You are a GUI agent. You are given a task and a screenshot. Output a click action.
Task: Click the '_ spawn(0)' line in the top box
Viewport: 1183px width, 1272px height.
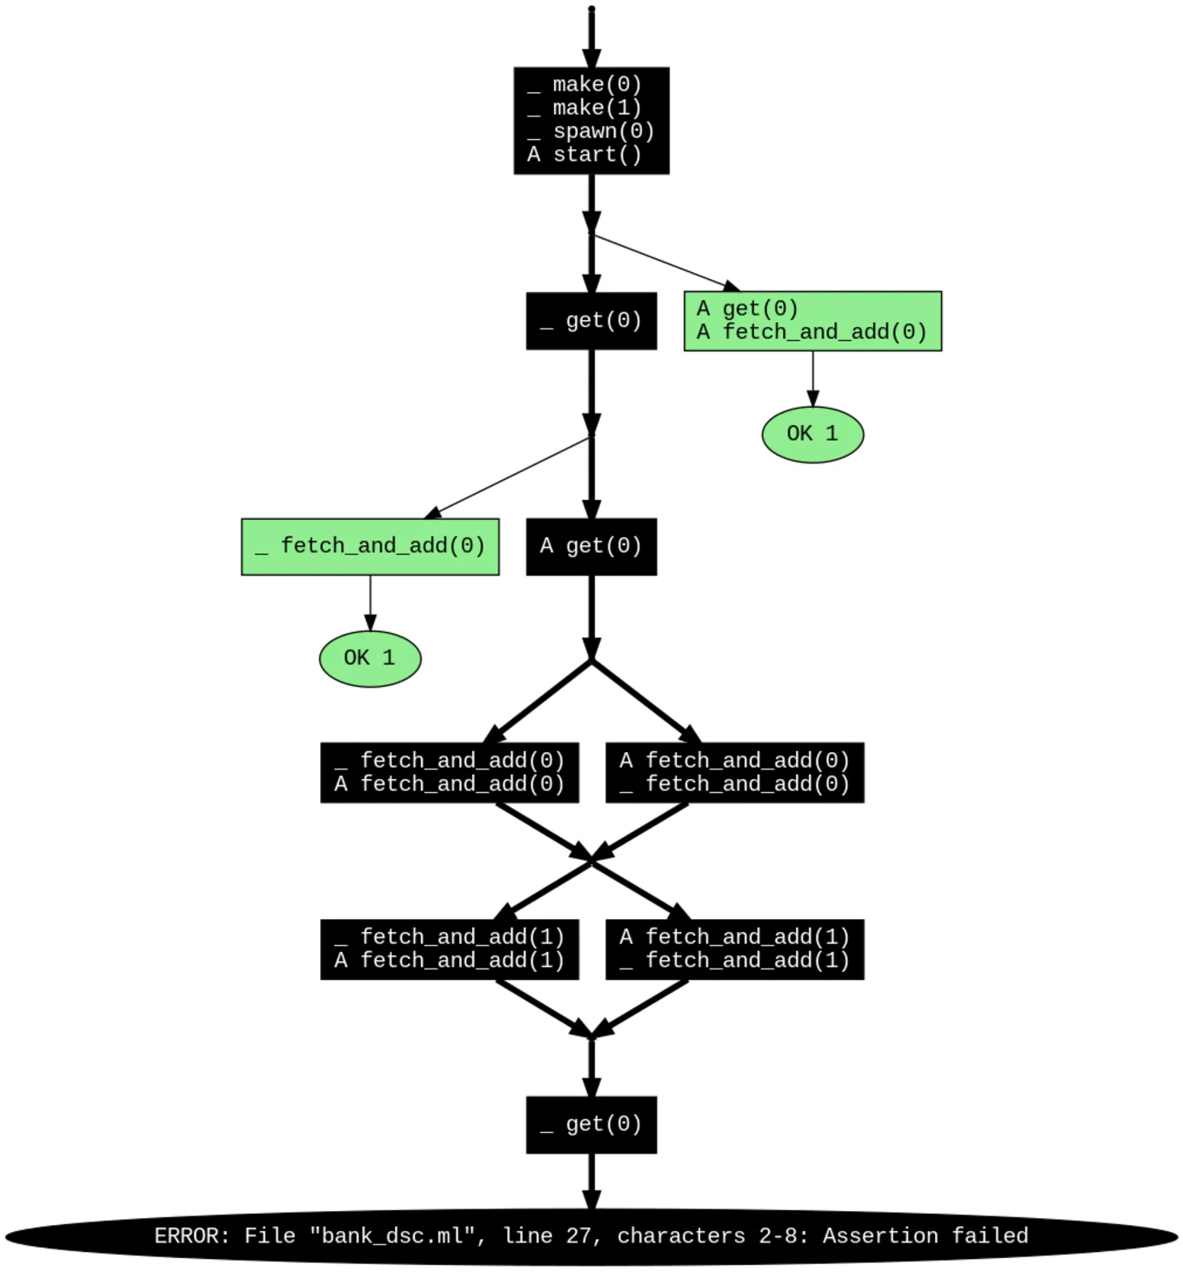591,131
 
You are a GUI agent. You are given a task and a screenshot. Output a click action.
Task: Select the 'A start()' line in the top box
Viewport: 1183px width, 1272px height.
585,155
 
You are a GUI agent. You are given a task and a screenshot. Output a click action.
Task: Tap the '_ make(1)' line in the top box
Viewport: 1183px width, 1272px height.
585,108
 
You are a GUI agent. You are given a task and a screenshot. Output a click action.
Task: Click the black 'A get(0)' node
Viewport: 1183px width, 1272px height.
591,547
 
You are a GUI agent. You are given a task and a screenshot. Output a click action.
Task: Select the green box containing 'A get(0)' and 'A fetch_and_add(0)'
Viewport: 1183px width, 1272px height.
812,321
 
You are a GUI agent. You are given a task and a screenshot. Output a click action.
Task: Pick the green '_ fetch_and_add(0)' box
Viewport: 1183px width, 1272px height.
370,547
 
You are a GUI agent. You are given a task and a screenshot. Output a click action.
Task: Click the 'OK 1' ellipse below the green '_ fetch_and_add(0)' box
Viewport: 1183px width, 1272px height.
370,658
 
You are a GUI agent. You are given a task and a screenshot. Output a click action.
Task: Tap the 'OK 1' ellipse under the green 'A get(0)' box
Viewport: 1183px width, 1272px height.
812,434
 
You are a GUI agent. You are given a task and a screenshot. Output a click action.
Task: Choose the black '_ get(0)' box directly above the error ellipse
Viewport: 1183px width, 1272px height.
591,1125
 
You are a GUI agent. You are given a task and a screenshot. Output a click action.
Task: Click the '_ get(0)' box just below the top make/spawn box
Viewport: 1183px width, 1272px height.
591,321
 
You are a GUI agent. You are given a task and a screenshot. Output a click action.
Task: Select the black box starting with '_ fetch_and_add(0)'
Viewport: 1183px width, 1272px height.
449,772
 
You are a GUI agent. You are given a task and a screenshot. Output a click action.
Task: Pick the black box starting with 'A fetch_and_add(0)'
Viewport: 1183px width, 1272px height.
734,772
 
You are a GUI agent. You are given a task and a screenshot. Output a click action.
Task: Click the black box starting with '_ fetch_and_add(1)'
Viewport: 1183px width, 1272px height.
449,949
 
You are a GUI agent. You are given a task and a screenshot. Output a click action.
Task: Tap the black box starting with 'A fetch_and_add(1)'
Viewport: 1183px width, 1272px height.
734,949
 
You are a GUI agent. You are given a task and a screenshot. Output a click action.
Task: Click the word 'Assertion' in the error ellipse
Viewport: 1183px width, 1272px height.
880,1236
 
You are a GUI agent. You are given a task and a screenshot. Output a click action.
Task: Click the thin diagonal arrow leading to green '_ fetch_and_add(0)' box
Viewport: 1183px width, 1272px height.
509,478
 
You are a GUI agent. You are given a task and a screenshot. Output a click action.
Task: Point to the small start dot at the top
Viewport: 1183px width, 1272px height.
591,10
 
